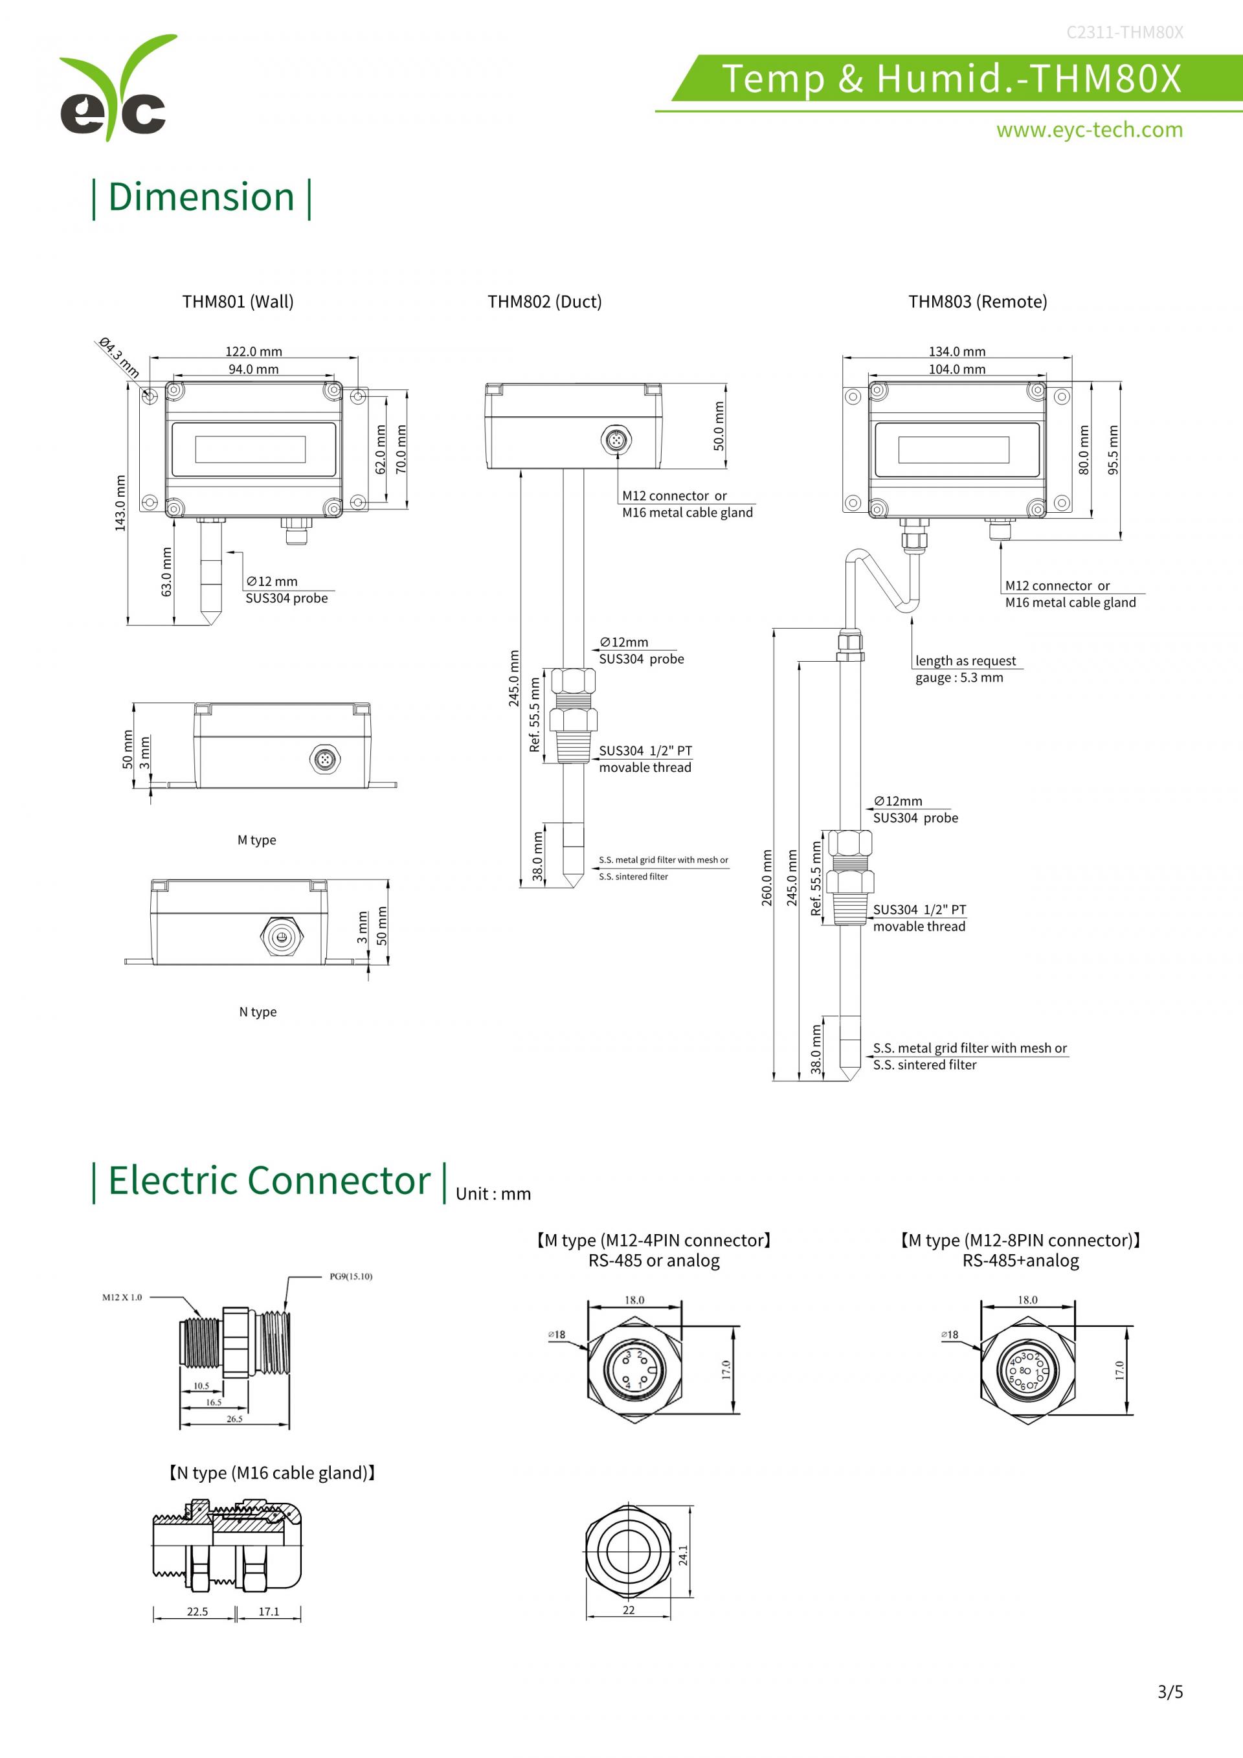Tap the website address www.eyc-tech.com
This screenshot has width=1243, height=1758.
point(1088,130)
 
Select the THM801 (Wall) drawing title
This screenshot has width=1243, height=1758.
point(238,302)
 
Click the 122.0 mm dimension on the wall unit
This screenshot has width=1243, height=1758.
point(253,352)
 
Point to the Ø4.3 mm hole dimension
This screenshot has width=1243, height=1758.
point(118,357)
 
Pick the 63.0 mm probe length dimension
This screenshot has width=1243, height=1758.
point(167,571)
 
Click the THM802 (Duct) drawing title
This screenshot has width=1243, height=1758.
point(544,302)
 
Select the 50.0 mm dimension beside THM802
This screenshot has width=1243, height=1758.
point(719,427)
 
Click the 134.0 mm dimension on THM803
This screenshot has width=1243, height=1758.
point(957,352)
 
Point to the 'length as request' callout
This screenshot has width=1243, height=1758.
point(965,660)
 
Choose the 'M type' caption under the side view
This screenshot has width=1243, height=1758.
point(256,840)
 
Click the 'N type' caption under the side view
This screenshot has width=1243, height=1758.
point(258,1012)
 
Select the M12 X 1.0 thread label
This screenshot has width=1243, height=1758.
point(122,1297)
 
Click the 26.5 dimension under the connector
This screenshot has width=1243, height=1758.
point(234,1419)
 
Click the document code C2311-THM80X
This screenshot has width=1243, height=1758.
point(1125,32)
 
